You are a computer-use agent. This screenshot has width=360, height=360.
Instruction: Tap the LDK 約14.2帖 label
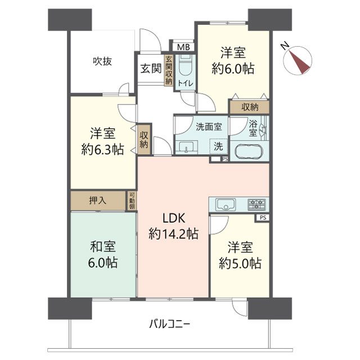(x=173, y=227)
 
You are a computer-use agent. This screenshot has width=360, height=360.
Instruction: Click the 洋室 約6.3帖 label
(x=102, y=142)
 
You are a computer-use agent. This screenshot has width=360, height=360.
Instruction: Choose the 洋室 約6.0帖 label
(x=232, y=61)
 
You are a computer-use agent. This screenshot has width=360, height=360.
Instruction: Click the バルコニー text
(x=169, y=324)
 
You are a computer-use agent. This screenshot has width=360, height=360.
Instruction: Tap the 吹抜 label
(x=102, y=61)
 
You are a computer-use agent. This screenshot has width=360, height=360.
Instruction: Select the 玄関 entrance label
(x=151, y=69)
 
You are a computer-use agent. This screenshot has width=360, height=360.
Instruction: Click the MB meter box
(x=183, y=47)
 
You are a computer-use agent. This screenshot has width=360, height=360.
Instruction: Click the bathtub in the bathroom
(x=248, y=152)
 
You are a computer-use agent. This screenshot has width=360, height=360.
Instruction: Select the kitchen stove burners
(x=256, y=204)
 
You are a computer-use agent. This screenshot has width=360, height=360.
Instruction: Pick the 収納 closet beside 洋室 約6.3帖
(x=144, y=138)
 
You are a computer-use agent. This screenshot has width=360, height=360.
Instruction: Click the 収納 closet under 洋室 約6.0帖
(x=250, y=107)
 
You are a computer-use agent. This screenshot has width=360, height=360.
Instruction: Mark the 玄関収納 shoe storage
(x=168, y=70)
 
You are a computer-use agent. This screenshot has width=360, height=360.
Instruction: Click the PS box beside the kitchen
(x=262, y=218)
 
